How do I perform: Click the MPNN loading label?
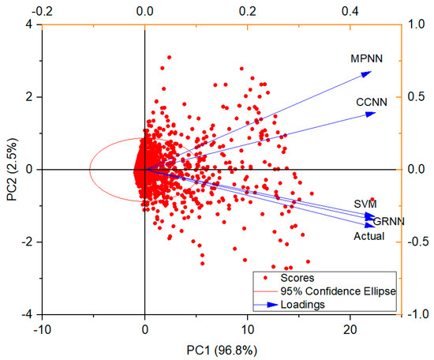(x=365, y=58)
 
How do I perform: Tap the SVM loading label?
(x=365, y=204)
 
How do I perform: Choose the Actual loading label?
(x=369, y=235)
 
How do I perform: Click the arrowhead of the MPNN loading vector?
(x=368, y=73)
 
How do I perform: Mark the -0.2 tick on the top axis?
(x=41, y=12)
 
